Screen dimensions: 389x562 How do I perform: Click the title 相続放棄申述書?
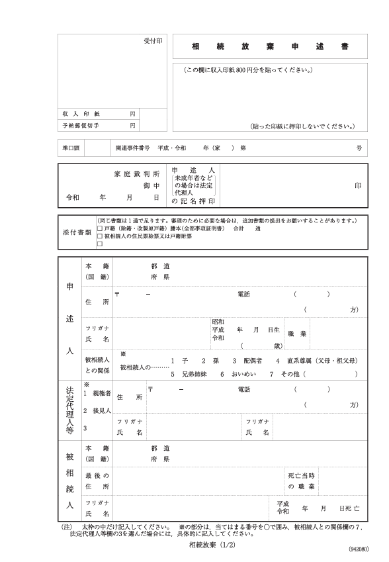click(x=270, y=47)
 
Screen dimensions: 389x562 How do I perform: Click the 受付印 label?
click(x=153, y=41)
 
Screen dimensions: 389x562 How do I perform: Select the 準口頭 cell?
click(x=71, y=149)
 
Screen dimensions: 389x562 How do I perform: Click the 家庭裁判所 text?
click(x=137, y=173)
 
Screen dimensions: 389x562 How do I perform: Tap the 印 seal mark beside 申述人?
click(x=358, y=186)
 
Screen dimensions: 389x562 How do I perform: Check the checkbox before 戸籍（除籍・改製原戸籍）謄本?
click(x=99, y=228)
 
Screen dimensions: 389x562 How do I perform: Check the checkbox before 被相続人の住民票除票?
click(x=99, y=235)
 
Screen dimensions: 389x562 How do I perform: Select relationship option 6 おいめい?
click(x=236, y=374)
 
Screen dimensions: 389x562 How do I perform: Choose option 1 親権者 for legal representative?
click(x=97, y=393)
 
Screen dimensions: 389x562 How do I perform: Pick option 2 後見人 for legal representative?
click(x=97, y=410)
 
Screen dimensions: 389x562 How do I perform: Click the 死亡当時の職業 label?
click(x=301, y=481)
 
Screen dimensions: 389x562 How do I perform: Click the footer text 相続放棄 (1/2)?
click(x=212, y=544)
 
